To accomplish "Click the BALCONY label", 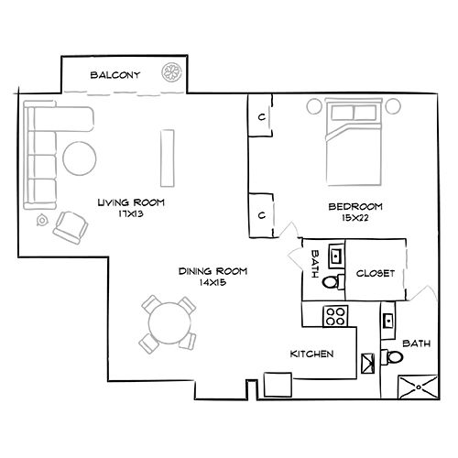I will click(114, 76).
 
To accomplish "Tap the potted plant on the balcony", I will click(172, 73).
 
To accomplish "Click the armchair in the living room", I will click(70, 225).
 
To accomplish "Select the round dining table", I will click(168, 323).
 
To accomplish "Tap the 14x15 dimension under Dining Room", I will click(213, 284).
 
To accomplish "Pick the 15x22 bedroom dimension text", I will click(355, 218).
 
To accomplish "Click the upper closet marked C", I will click(262, 117).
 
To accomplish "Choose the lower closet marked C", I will click(262, 214).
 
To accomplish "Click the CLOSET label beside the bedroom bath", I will click(375, 273).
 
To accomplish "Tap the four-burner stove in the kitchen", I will click(334, 318).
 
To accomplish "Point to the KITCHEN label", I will click(311, 354).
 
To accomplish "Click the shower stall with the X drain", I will click(418, 388).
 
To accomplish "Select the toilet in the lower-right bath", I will click(392, 357).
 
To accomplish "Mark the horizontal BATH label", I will click(417, 343).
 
